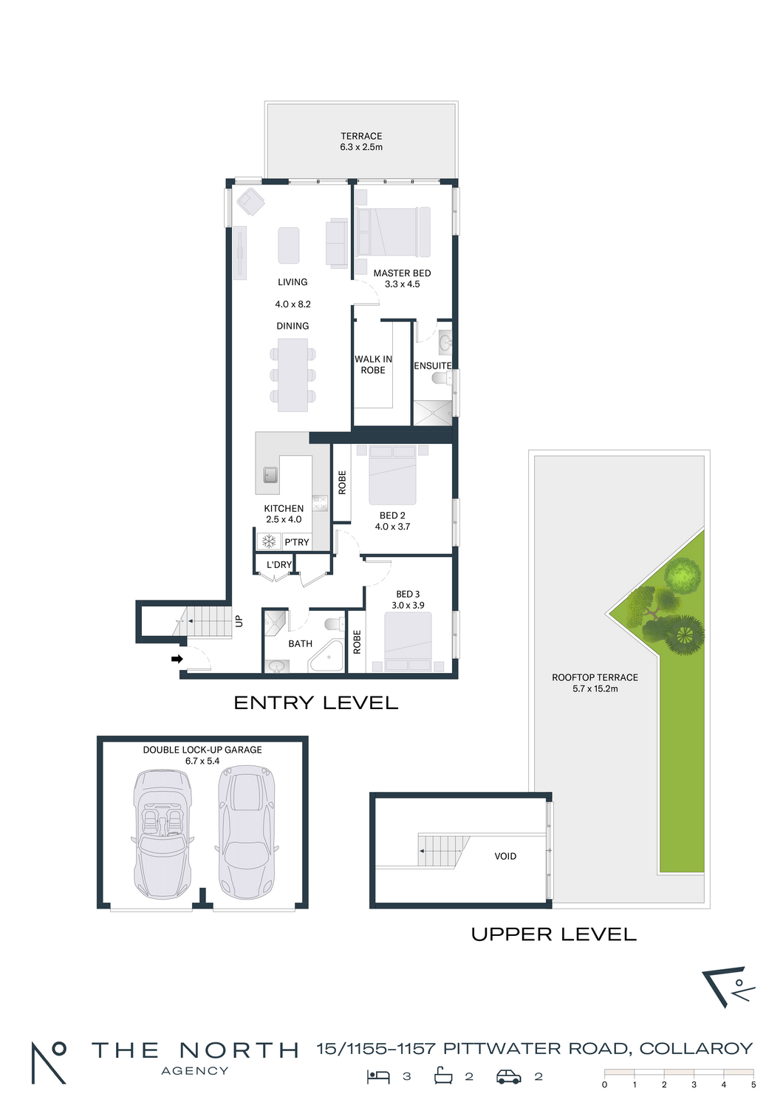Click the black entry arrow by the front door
click(x=177, y=659)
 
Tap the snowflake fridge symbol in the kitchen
click(x=269, y=541)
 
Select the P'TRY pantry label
click(x=297, y=542)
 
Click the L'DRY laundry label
click(x=279, y=565)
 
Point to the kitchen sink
click(x=270, y=475)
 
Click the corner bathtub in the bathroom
click(x=327, y=657)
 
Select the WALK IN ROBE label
click(x=373, y=365)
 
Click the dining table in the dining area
click(x=293, y=375)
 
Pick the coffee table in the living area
click(x=288, y=245)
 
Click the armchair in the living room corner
click(x=250, y=202)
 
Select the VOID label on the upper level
click(x=505, y=856)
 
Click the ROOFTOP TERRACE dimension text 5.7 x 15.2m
click(x=595, y=688)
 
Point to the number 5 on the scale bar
click(x=753, y=1085)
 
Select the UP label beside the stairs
click(x=239, y=620)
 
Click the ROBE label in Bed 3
click(x=357, y=642)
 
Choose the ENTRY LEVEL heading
click(x=315, y=703)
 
